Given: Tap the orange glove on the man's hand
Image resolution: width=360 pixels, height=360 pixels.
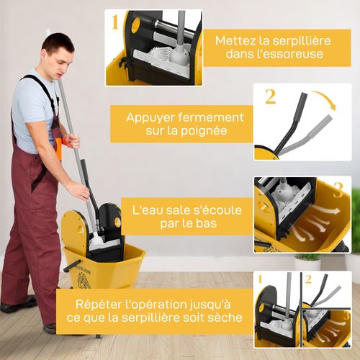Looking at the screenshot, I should click(58, 143).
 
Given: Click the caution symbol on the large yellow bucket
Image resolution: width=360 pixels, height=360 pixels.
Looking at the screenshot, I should click(81, 274).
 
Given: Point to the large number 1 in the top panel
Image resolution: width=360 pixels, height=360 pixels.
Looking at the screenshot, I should click(114, 23).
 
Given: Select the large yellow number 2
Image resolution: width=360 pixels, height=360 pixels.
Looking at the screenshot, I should click(270, 96).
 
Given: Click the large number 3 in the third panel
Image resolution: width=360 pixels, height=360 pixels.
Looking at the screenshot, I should click(338, 190).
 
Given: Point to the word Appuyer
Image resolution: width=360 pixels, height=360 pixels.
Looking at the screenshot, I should click(153, 117).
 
